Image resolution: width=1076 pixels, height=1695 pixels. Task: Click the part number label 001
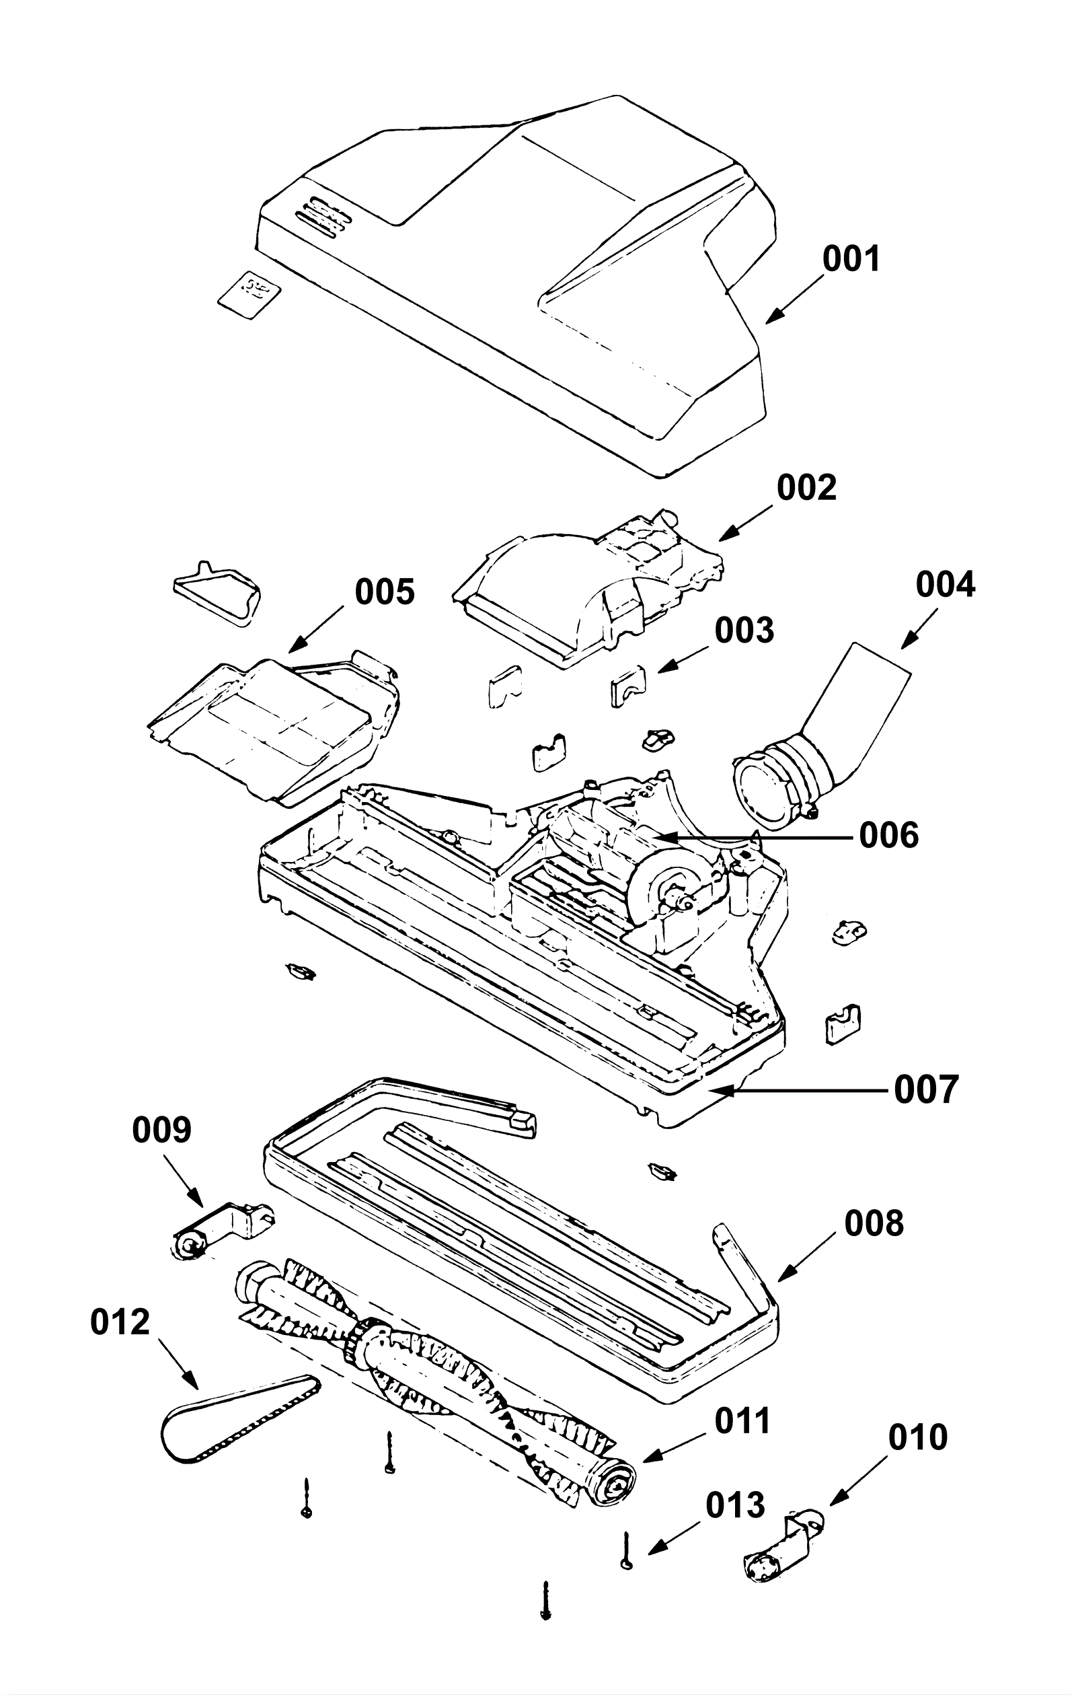tap(851, 259)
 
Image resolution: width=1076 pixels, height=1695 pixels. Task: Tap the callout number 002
tap(806, 487)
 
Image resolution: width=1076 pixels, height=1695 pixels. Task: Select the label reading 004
tap(945, 585)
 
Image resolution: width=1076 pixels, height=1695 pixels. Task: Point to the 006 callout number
tap(889, 836)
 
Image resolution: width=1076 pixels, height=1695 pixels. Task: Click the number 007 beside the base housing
tap(926, 1089)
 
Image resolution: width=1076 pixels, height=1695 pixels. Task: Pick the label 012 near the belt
tap(120, 1322)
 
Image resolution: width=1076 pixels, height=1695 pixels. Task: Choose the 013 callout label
tap(736, 1505)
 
